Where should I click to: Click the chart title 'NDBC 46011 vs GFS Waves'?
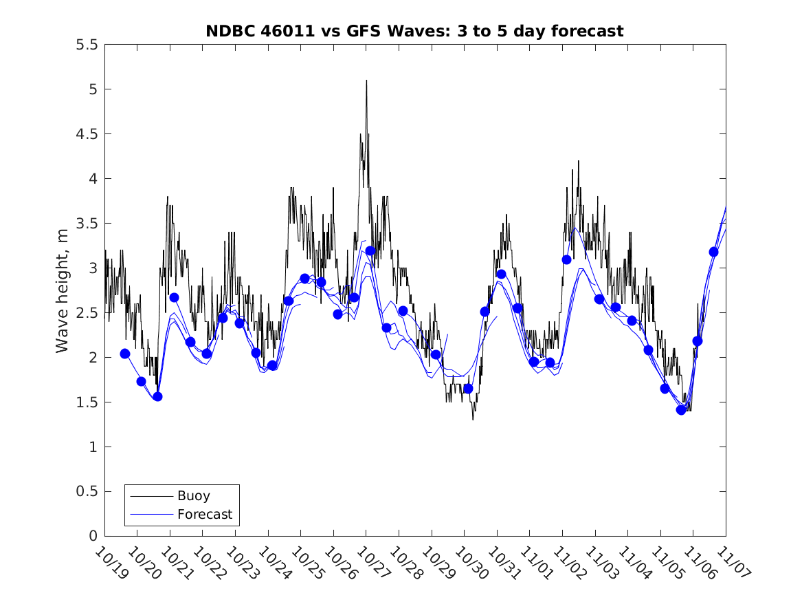coord(414,31)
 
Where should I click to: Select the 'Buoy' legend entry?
coord(193,495)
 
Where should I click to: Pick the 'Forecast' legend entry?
coord(204,514)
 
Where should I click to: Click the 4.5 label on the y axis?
coord(87,134)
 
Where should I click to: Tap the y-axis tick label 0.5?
coord(87,491)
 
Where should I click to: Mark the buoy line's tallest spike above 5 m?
coord(366,80)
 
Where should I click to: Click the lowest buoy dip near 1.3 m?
coord(473,419)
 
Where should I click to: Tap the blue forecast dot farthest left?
coord(125,354)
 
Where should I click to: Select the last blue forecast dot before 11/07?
coord(713,252)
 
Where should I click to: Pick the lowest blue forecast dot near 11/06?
coord(681,410)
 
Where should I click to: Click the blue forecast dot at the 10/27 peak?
coord(370,251)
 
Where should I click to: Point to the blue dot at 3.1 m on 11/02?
coord(566,259)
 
